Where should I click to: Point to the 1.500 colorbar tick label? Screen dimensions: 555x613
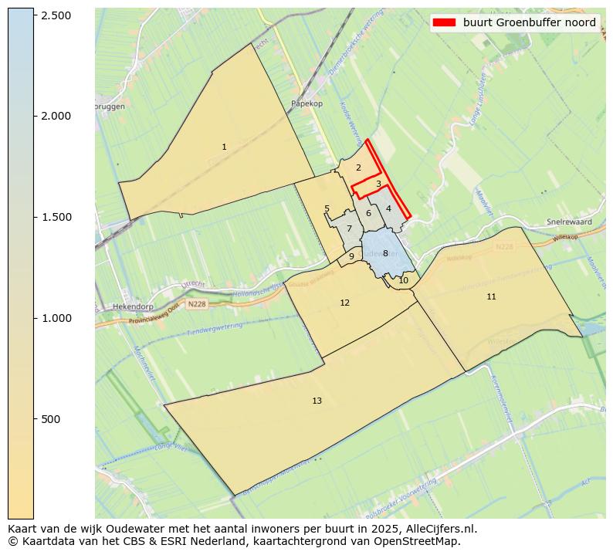point(56,217)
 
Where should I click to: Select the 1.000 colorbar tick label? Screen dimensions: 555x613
point(56,318)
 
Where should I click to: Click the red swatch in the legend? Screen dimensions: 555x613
point(445,22)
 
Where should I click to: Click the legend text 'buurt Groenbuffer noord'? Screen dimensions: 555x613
point(529,22)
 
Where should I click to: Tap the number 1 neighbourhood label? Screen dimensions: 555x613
point(224,147)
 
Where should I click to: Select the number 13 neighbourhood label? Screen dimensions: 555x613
point(317,401)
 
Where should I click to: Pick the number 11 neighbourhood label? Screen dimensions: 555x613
point(491,296)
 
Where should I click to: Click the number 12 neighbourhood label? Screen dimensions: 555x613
point(344,303)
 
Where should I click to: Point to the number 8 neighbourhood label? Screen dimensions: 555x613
point(385,253)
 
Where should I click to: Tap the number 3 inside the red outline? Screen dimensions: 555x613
point(378,184)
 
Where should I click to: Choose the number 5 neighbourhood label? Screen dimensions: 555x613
point(327,208)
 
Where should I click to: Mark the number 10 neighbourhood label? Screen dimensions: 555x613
point(403,280)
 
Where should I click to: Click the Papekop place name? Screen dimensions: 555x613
point(306,103)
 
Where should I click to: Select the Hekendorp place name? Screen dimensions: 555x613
point(130,306)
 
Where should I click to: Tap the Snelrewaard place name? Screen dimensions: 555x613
point(568,222)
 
